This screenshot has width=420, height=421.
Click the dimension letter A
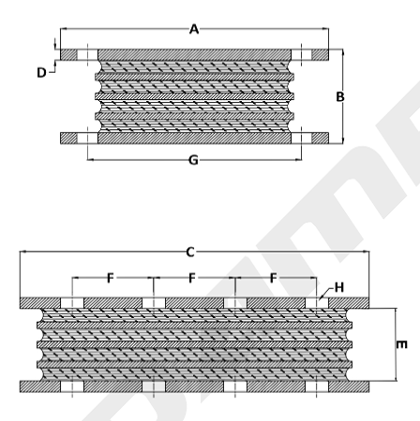(194, 29)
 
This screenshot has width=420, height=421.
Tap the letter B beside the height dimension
(340, 96)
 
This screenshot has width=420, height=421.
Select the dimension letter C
(190, 252)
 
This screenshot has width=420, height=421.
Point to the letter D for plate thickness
(41, 73)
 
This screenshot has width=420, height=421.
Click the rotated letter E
(402, 344)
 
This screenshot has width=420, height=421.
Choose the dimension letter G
(193, 160)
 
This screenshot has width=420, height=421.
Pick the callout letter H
(339, 287)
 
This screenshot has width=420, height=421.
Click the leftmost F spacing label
(111, 278)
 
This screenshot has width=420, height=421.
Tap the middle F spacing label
(192, 278)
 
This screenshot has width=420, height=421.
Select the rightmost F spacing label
(274, 278)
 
